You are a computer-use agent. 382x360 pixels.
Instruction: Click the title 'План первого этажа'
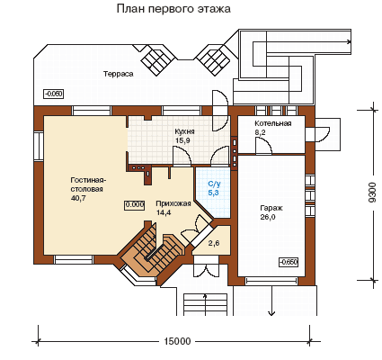point(173,9)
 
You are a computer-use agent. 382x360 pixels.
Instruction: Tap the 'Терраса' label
point(119,74)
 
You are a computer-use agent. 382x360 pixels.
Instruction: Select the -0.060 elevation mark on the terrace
point(54,94)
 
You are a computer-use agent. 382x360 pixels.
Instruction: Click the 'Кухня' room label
point(185,131)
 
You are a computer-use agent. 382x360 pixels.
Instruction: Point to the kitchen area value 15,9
point(182,140)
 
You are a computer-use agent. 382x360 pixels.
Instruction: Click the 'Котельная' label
point(273,123)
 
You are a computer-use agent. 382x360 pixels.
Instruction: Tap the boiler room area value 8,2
point(260,132)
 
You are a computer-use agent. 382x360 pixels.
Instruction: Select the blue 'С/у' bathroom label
point(214,184)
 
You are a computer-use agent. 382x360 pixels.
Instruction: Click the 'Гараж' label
point(271,208)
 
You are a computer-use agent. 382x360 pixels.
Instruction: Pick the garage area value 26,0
point(268,217)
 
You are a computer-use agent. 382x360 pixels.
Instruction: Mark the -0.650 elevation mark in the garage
point(289,262)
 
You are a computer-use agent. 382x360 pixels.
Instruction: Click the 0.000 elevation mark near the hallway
point(135,204)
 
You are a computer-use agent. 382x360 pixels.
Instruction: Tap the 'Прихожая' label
point(173,204)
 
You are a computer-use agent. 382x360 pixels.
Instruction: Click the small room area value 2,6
point(214,243)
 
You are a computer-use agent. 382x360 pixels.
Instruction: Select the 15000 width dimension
point(178,341)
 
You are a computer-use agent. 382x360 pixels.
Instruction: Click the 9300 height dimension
point(371,193)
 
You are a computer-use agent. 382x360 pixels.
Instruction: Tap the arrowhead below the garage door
point(271,313)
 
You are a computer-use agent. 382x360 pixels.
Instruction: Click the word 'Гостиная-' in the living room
point(89,180)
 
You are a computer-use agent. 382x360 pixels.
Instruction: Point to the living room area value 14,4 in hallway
point(164,212)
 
